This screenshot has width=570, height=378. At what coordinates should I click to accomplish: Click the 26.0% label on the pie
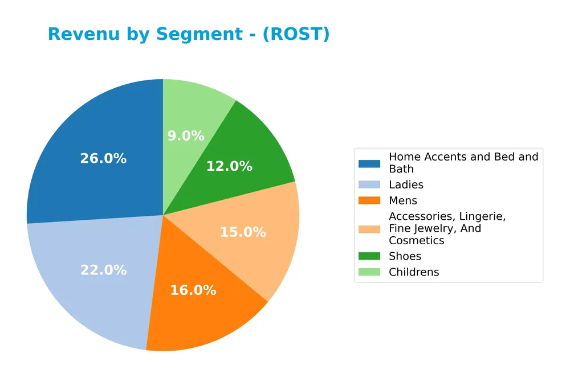tap(103, 159)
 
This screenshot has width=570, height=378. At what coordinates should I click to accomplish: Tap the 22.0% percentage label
tap(103, 270)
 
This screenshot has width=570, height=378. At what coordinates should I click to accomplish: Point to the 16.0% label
tap(193, 290)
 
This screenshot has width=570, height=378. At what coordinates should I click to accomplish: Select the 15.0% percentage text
tap(243, 232)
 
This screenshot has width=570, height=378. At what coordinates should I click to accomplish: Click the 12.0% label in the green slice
tap(229, 166)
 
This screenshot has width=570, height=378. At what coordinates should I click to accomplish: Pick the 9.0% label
tap(186, 136)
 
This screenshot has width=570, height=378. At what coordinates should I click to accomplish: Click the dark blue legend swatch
tap(369, 163)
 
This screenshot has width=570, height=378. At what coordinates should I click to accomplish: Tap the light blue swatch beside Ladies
tap(369, 185)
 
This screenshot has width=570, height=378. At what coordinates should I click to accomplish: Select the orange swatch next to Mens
tap(369, 201)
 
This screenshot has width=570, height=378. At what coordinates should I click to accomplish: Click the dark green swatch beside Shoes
tap(369, 257)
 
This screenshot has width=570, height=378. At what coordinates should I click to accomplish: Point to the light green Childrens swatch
tap(369, 273)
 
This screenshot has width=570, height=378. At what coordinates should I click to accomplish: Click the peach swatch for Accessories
tap(369, 229)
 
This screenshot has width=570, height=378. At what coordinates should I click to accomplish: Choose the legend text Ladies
tap(406, 185)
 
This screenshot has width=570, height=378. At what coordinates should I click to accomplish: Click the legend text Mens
tap(403, 201)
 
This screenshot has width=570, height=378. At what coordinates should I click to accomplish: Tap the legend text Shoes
tap(405, 257)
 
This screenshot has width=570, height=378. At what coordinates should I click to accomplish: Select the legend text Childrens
tap(414, 273)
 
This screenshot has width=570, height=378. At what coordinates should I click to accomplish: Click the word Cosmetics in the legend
tap(417, 241)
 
